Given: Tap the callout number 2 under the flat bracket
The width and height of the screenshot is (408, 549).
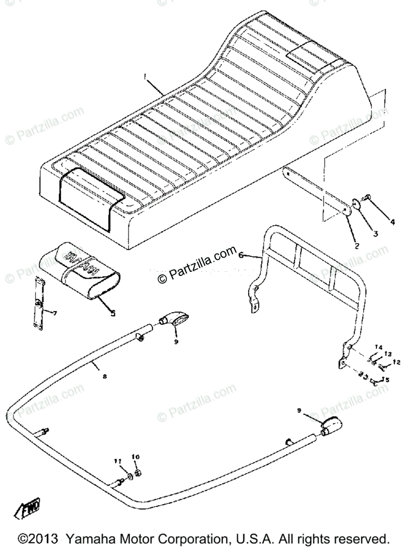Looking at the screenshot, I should coord(357,245).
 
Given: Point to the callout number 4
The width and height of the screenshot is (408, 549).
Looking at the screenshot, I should coord(392,222).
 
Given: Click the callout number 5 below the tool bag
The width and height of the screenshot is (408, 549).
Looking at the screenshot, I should coord(112,314).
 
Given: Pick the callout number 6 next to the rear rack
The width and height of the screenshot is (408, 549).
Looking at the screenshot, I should coord(242,257).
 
